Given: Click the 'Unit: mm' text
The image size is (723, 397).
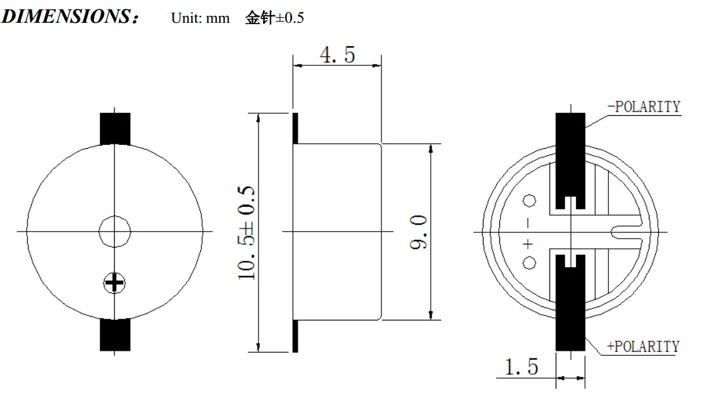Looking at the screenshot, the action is click(x=200, y=18).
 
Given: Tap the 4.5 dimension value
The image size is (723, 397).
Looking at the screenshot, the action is click(x=338, y=55).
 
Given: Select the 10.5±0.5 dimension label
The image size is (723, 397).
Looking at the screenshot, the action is click(x=246, y=232).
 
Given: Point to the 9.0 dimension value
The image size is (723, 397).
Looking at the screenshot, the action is click(x=419, y=232).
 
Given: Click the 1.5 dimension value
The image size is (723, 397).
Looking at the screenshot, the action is click(x=521, y=367).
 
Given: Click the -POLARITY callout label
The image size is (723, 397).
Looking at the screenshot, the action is click(x=644, y=107).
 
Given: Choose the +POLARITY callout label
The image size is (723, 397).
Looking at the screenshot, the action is click(x=643, y=346).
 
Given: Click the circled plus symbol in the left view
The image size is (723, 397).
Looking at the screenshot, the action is click(x=114, y=283).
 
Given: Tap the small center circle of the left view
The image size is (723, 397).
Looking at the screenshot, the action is click(x=115, y=231).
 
